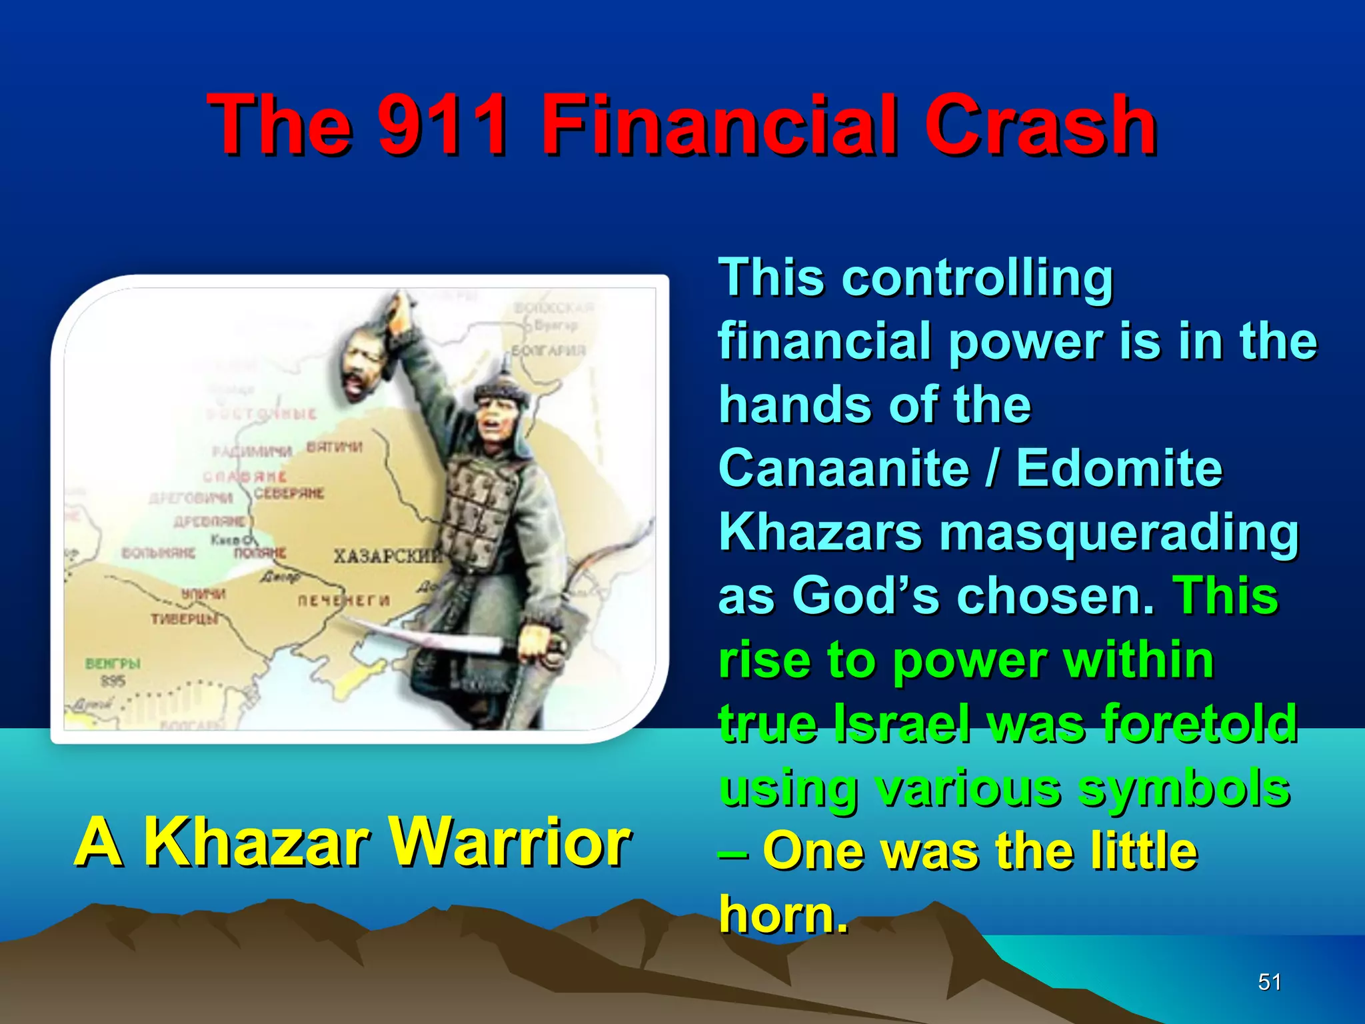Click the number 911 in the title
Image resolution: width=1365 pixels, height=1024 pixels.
(x=443, y=125)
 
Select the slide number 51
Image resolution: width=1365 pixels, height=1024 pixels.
(x=1269, y=982)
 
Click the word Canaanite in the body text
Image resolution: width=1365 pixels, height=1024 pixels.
(x=844, y=468)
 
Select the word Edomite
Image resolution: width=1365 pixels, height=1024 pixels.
(x=1119, y=468)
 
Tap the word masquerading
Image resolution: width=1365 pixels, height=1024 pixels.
(x=1119, y=533)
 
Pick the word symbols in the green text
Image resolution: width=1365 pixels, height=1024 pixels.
(x=1184, y=787)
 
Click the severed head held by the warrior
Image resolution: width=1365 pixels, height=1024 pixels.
(x=364, y=365)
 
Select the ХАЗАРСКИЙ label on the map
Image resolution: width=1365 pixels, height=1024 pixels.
(x=387, y=555)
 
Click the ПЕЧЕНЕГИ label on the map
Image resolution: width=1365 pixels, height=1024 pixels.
(x=343, y=600)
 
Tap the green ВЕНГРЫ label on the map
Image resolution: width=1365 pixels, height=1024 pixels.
(x=113, y=663)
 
